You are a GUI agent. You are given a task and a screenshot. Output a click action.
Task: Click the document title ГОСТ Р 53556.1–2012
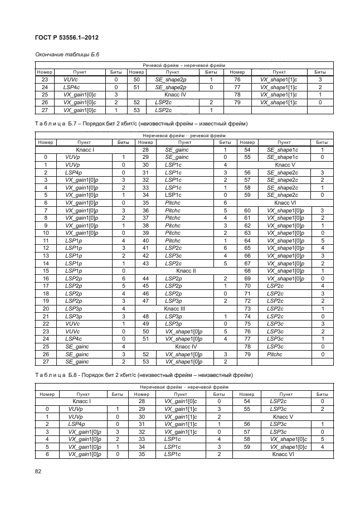click(x=60, y=38)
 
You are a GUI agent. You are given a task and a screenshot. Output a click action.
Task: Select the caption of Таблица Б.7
click(x=142, y=123)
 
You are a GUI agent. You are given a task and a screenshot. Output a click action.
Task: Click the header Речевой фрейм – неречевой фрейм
click(x=184, y=65)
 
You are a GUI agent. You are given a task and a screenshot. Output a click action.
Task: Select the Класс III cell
click(x=178, y=308)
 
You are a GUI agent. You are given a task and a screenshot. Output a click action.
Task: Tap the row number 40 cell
click(x=144, y=240)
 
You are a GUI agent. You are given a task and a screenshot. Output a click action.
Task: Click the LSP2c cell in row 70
click(x=275, y=285)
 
